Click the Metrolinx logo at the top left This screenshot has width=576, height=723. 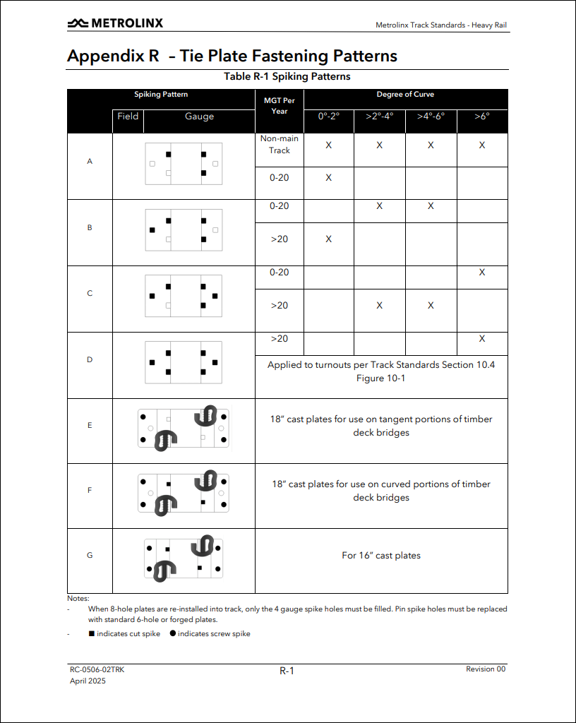pos(115,23)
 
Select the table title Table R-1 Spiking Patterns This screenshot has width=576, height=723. pos(287,76)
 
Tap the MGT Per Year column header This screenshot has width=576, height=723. pos(280,105)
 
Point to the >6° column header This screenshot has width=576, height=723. pos(482,116)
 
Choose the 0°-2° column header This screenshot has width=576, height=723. pos(328,116)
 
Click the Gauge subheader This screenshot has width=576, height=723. pos(199,116)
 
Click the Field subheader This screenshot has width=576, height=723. pos(128,116)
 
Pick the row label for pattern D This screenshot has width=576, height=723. pos(90,359)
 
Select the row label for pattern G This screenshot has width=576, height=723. pos(90,555)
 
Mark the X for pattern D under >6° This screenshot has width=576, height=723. pos(482,339)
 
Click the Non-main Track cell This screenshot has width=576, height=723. pos(280,144)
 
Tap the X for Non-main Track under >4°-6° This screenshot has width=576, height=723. pos(431,145)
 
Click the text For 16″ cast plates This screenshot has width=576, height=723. pos(381,556)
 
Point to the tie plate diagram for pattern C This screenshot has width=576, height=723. pos(184,294)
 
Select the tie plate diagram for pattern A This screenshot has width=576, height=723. pos(184,163)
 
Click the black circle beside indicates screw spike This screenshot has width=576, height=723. pos(173,633)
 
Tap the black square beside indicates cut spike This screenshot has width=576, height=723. pos(92,633)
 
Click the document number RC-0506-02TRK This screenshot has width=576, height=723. pos(97,669)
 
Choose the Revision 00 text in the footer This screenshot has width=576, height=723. pos(486,669)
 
